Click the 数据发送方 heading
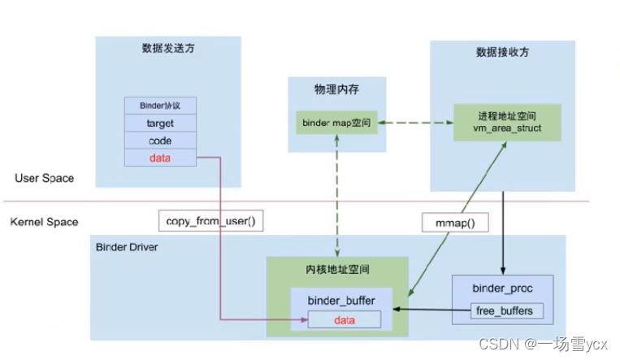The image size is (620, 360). pyautogui.click(x=167, y=50)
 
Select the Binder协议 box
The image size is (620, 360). pyautogui.click(x=160, y=106)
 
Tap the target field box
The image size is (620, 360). pyautogui.click(x=160, y=124)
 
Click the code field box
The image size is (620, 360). pyautogui.click(x=160, y=141)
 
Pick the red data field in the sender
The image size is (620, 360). pyautogui.click(x=160, y=158)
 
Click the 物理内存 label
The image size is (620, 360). pyautogui.click(x=336, y=88)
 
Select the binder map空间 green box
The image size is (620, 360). pyautogui.click(x=336, y=123)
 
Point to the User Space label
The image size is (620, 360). pyautogui.click(x=45, y=178)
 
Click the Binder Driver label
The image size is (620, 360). pyautogui.click(x=128, y=246)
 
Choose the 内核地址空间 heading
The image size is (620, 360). pyautogui.click(x=337, y=267)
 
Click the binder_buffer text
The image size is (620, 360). pyautogui.click(x=341, y=301)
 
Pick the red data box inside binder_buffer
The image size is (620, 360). pyautogui.click(x=344, y=320)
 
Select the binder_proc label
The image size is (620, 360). pyautogui.click(x=503, y=288)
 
